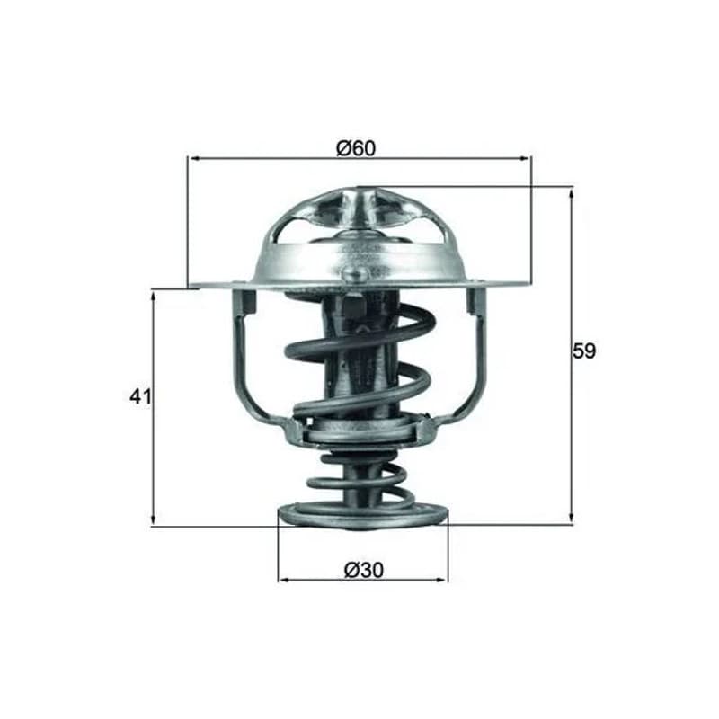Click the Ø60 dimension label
[x=356, y=148]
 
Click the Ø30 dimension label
[x=364, y=570]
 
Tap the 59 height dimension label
[x=583, y=351]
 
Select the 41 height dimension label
[x=140, y=396]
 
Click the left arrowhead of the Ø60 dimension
[x=194, y=159]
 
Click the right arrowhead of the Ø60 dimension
[x=525, y=159]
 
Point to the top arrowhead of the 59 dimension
[x=571, y=195]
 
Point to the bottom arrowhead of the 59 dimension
[x=571, y=517]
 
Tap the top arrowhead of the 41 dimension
[x=154, y=298]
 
